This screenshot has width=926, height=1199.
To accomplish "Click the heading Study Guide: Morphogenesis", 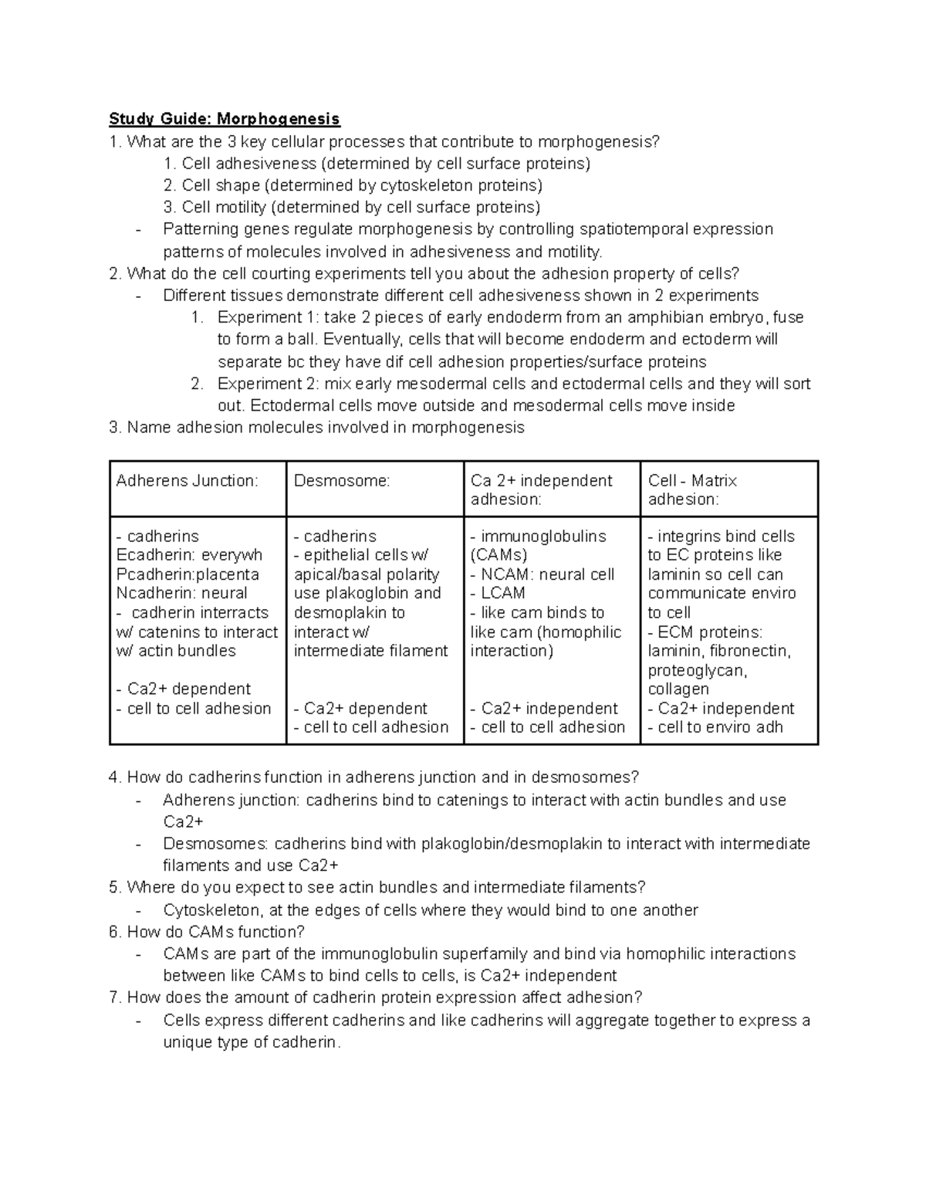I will pos(224,119).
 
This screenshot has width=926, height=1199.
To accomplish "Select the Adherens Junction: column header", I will pos(187,481).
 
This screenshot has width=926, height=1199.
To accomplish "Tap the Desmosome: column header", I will pos(342,481).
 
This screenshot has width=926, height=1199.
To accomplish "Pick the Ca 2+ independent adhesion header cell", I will pos(541,489).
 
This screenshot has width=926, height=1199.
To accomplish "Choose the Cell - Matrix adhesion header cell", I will pos(692,489).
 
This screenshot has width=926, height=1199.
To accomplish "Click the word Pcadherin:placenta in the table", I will pos(188,574).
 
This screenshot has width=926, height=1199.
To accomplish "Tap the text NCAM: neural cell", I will pos(547,574).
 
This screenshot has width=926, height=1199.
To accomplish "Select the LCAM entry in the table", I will pos(502,594).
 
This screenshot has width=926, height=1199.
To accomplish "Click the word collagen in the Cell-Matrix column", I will pos(678,689).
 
